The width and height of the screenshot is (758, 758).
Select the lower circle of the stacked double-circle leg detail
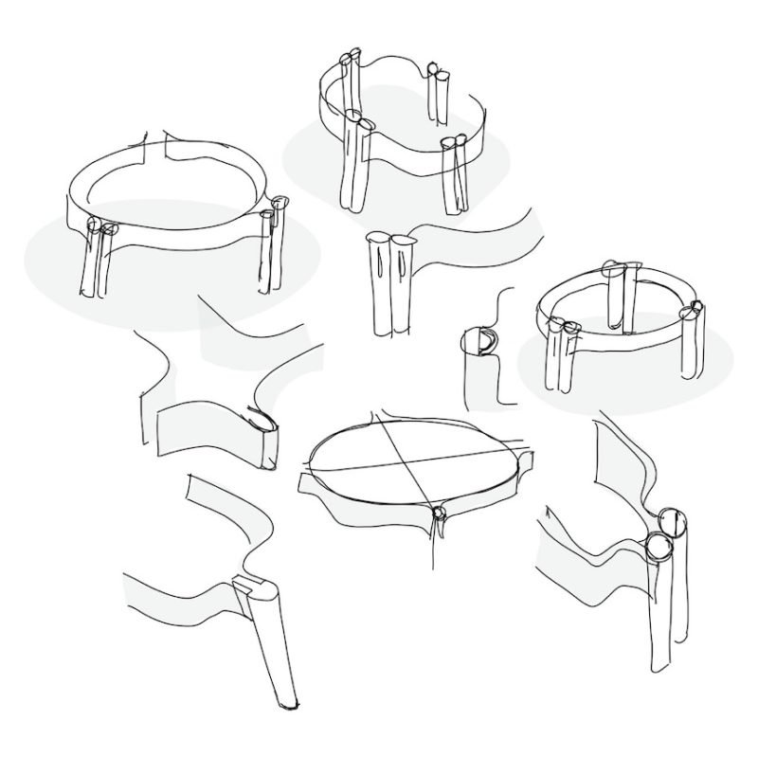point(657,547)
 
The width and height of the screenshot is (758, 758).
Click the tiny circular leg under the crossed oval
point(438,514)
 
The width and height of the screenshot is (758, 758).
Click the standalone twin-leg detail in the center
point(390,284)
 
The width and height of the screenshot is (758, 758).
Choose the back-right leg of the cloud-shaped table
point(437,95)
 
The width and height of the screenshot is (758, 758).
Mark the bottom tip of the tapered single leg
point(286,703)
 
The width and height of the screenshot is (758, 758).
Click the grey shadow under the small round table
point(625,379)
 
